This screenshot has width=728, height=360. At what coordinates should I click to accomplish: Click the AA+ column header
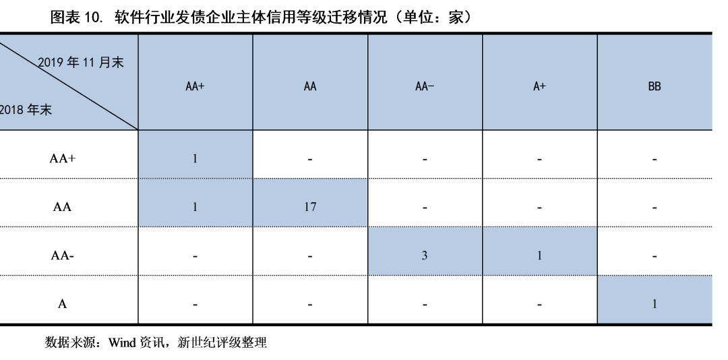195,86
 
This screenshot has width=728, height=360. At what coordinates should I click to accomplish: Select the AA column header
310,86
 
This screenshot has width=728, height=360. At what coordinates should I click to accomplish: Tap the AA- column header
425,86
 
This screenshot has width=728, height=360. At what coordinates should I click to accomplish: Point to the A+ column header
539,86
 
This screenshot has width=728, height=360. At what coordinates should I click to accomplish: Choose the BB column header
654,86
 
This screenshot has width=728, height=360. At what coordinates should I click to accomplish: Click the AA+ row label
62,158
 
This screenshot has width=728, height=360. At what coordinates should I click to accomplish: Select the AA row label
62,207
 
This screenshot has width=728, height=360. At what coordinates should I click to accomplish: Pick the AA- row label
62,255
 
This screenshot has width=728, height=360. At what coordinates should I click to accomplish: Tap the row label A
62,304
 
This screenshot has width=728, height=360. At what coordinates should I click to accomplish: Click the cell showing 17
310,207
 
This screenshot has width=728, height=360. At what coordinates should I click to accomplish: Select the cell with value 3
425,255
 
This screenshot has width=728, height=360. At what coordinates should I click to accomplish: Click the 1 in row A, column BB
655,304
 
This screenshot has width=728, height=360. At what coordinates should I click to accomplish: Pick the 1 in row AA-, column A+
539,255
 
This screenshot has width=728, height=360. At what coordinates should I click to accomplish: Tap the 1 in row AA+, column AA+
195,158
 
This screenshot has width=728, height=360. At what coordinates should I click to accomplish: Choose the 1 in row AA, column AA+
195,207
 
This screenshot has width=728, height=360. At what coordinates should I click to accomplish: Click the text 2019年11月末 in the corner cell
81,62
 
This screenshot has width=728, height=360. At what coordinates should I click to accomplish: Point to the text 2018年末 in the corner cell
26,110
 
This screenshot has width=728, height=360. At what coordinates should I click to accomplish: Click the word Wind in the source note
122,343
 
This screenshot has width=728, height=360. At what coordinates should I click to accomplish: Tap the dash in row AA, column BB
655,208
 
